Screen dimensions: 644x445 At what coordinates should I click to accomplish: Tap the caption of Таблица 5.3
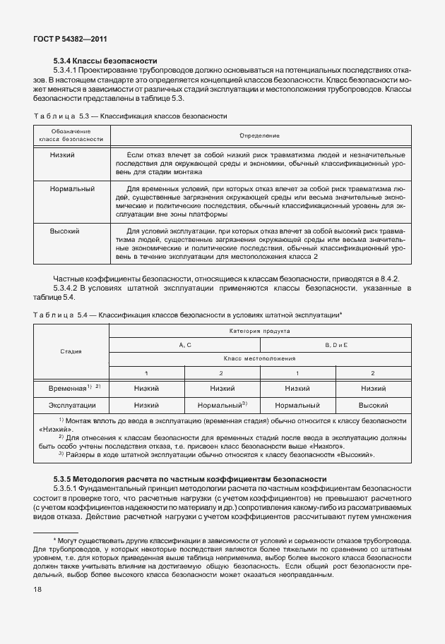click(131, 114)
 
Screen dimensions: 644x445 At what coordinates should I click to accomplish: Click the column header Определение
click(259, 135)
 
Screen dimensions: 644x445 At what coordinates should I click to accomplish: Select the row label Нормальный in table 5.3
click(72, 190)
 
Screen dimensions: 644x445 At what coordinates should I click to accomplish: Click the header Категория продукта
click(259, 330)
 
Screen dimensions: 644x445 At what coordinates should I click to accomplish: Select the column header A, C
click(184, 344)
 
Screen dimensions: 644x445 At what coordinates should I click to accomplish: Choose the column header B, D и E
click(336, 344)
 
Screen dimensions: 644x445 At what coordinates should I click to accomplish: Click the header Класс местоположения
click(259, 358)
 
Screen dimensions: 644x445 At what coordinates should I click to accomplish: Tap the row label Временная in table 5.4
click(71, 388)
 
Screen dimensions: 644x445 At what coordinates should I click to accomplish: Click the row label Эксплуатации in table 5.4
click(71, 406)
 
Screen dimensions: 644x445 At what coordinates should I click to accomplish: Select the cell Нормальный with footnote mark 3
click(221, 406)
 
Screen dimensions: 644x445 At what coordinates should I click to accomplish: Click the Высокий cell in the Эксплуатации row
click(373, 406)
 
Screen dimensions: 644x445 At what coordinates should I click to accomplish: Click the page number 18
click(37, 588)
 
